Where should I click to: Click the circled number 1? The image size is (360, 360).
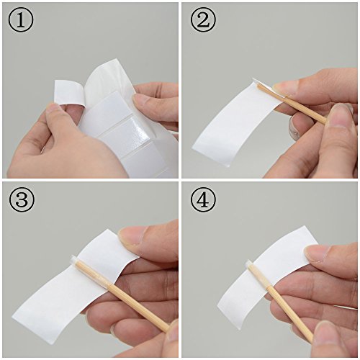(x=21, y=20)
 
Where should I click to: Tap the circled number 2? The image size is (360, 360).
(x=203, y=20)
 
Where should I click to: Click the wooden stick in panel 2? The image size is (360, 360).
(x=293, y=104)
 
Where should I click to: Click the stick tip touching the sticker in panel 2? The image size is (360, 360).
(x=260, y=86)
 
